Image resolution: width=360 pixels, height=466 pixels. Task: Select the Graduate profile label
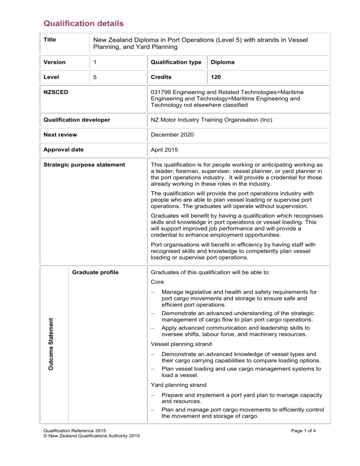point(91,272)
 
